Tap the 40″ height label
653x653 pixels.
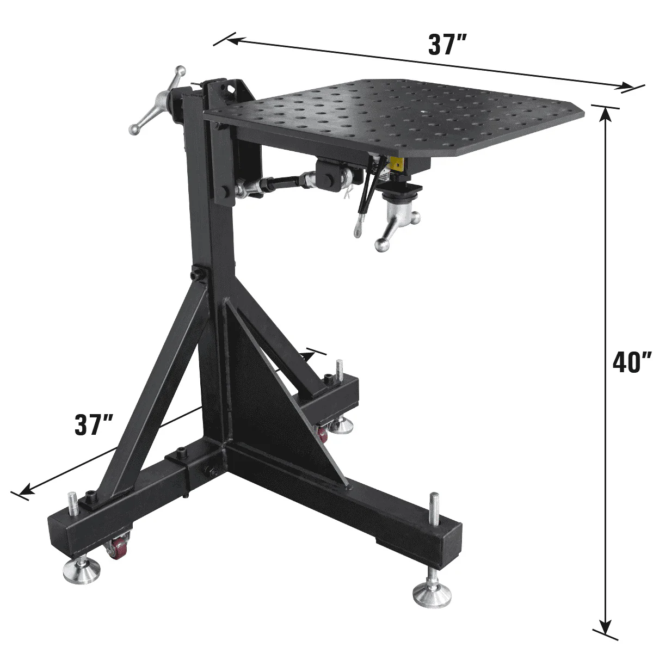pos(631,362)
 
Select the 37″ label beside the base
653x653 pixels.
pos(94,425)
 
